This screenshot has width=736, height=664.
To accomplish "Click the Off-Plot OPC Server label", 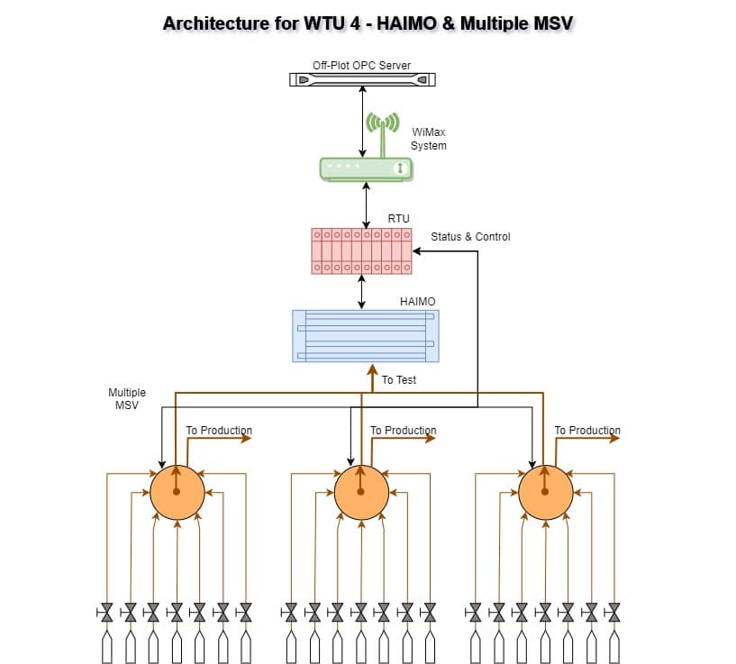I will pyautogui.click(x=361, y=66).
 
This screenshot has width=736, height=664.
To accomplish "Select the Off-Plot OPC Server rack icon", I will pyautogui.click(x=362, y=80).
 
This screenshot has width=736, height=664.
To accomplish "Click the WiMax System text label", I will pyautogui.click(x=429, y=139).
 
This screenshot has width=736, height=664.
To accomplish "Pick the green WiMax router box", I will pyautogui.click(x=366, y=168).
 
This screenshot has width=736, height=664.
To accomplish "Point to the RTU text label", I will pyautogui.click(x=398, y=219).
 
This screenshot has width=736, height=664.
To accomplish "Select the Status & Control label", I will pyautogui.click(x=470, y=237).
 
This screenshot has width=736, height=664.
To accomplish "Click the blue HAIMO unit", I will pyautogui.click(x=366, y=336).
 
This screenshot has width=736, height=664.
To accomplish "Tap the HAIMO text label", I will pyautogui.click(x=417, y=302).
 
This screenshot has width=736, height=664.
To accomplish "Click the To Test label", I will pyautogui.click(x=399, y=380).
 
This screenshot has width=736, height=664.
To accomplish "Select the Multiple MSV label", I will pyautogui.click(x=127, y=399).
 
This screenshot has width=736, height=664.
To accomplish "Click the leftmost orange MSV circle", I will pyautogui.click(x=177, y=492).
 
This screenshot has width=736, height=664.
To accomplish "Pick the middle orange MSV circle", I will pyautogui.click(x=361, y=492).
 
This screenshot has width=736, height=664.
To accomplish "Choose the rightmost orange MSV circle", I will pyautogui.click(x=546, y=492).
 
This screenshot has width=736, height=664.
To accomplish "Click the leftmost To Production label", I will pyautogui.click(x=219, y=431).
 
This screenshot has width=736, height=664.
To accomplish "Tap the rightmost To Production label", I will pyautogui.click(x=587, y=431).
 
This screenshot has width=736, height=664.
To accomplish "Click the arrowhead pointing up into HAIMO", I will pyautogui.click(x=372, y=368).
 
